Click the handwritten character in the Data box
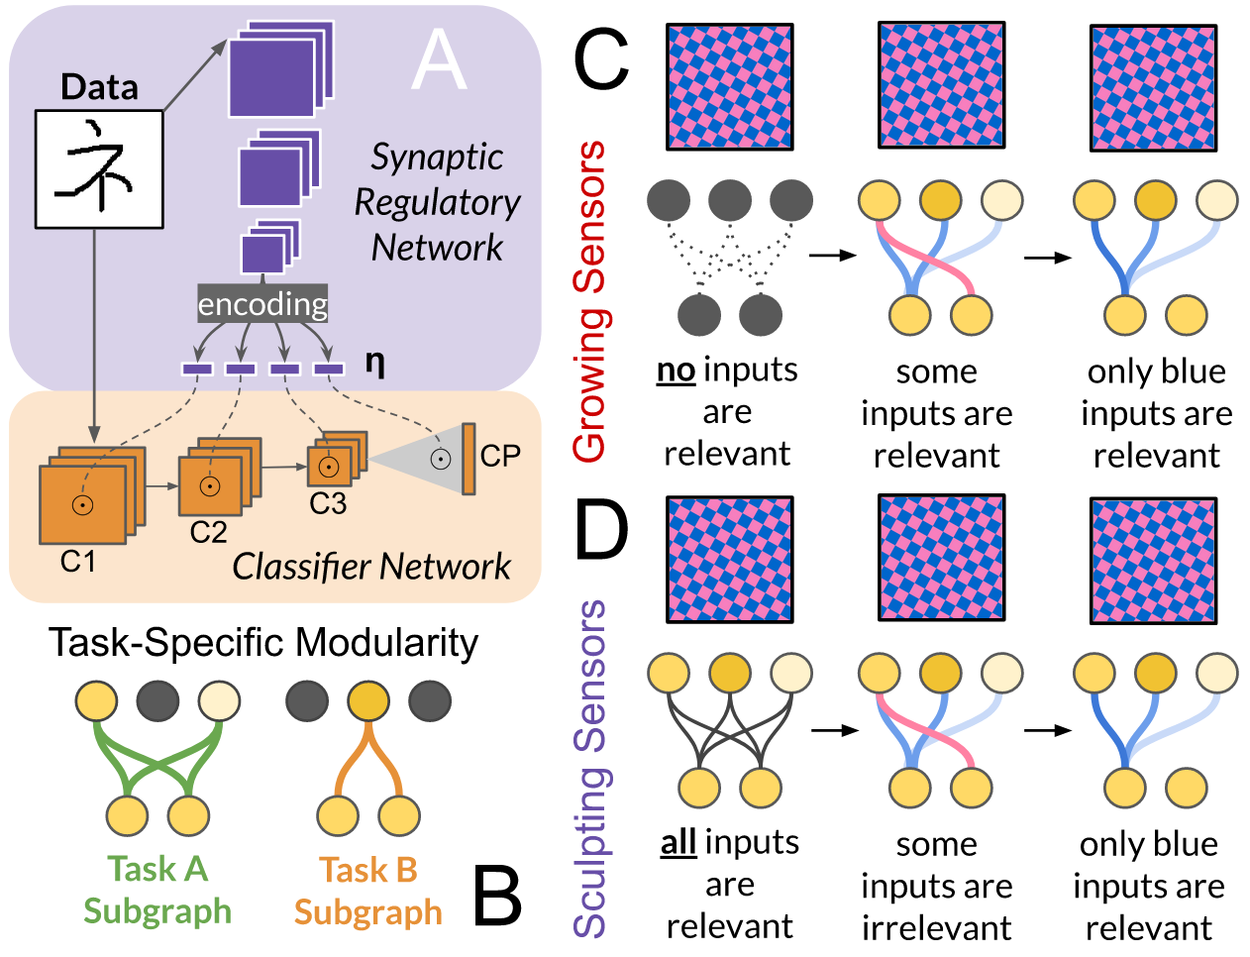(99, 168)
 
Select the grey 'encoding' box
(262, 304)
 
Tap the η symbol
(374, 363)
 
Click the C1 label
(78, 562)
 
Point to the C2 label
(208, 533)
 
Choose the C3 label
(328, 504)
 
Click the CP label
(500, 456)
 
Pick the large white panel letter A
(439, 61)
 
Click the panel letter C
(601, 59)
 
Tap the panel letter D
(601, 530)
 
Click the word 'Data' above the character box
(99, 87)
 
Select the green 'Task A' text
(157, 869)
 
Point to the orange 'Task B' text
(367, 870)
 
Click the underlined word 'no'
(676, 371)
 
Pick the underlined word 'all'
(678, 843)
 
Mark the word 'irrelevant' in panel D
(936, 928)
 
